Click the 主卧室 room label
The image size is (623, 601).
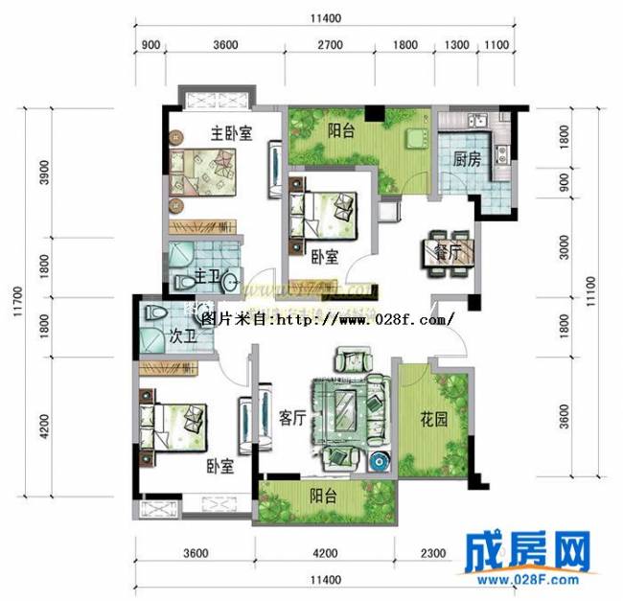[x=231, y=134]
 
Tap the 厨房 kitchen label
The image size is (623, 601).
[x=467, y=161]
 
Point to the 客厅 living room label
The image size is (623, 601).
[x=291, y=418]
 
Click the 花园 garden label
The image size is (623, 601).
[x=434, y=418]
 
